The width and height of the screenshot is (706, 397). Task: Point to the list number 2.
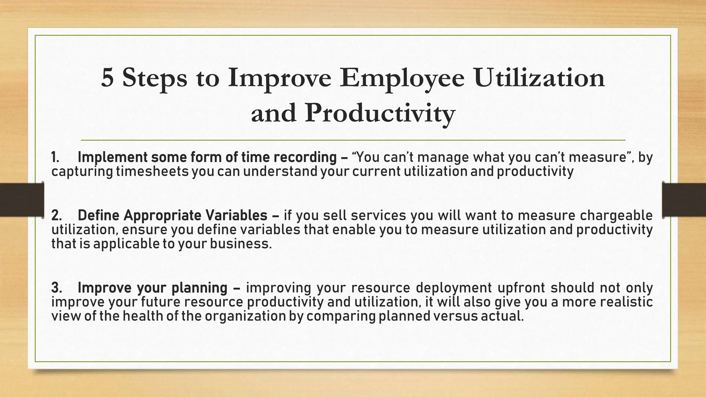[56, 216]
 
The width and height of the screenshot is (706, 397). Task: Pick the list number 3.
[56, 288]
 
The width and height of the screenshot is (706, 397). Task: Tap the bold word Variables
[236, 216]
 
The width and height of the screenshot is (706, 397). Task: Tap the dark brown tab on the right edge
[684, 200]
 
